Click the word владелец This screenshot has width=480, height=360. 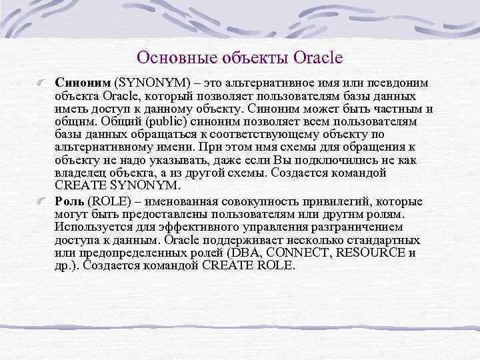83,172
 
